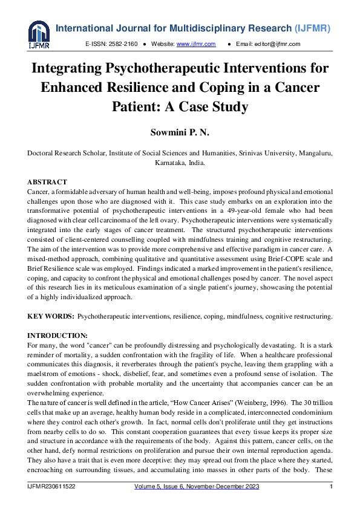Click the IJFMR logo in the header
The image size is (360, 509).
[x=38, y=34]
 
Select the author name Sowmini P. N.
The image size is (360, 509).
[x=180, y=132]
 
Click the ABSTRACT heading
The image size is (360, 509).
[x=47, y=182]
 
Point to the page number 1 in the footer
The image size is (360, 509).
[x=330, y=487]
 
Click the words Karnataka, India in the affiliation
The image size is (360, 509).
[x=180, y=163]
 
